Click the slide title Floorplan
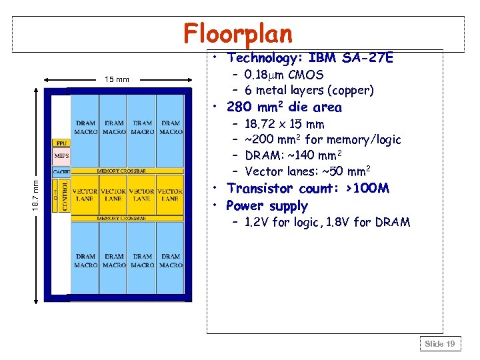pyautogui.click(x=238, y=33)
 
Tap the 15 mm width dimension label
pyautogui.click(x=117, y=80)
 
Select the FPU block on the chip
pyautogui.click(x=61, y=143)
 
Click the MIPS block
pyautogui.click(x=61, y=157)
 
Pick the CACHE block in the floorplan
pyautogui.click(x=61, y=171)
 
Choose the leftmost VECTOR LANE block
pyautogui.click(x=85, y=195)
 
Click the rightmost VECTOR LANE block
pyautogui.click(x=170, y=195)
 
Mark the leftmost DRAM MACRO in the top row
pyautogui.click(x=85, y=127)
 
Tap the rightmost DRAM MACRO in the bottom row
pyautogui.click(x=171, y=261)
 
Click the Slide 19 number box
pyautogui.click(x=440, y=343)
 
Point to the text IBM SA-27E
pyautogui.click(x=351, y=59)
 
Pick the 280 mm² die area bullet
pyautogui.click(x=284, y=107)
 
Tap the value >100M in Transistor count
pyautogui.click(x=363, y=189)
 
